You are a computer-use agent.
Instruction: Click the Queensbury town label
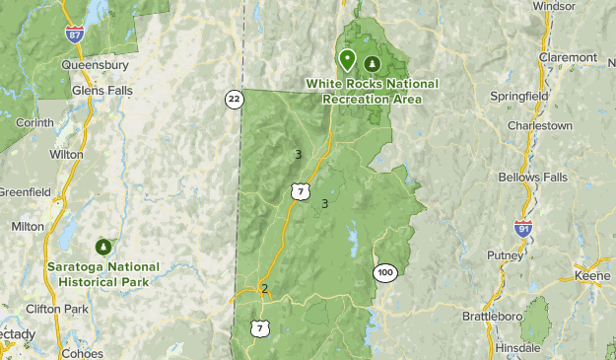pyautogui.click(x=95, y=65)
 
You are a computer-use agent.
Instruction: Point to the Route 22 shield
pyautogui.click(x=234, y=99)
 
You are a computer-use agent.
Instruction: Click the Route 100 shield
pyautogui.click(x=384, y=271)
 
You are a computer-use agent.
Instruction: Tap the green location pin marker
pyautogui.click(x=347, y=60)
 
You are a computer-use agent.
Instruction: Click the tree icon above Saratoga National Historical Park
pyautogui.click(x=103, y=246)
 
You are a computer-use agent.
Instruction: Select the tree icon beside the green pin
pyautogui.click(x=372, y=64)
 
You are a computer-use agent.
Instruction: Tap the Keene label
pyautogui.click(x=593, y=277)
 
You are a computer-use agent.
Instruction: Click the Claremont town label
pyautogui.click(x=568, y=57)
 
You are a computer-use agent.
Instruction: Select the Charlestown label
pyautogui.click(x=539, y=126)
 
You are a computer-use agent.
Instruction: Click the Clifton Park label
pyautogui.click(x=55, y=309)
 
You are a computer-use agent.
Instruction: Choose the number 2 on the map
pyautogui.click(x=264, y=289)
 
